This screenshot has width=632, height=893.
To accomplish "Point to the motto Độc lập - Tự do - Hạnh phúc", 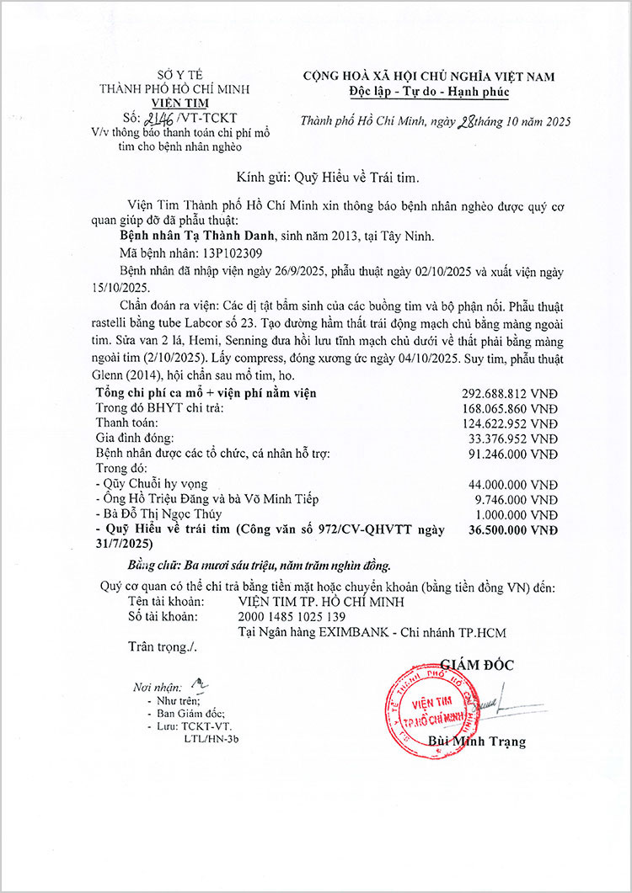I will tap(429, 91).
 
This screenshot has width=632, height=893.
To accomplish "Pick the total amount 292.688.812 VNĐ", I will tap(510, 393).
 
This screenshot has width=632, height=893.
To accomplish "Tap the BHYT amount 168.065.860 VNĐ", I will tap(510, 408).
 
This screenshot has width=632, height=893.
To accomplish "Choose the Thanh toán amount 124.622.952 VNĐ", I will tap(510, 423).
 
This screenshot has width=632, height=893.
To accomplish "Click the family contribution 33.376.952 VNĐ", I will tap(513, 439).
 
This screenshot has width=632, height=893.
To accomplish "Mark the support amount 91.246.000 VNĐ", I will tap(513, 454).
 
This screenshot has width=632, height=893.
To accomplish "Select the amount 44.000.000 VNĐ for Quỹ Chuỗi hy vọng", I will tap(513, 484).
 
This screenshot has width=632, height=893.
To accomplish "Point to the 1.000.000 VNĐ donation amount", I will tap(517, 514).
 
